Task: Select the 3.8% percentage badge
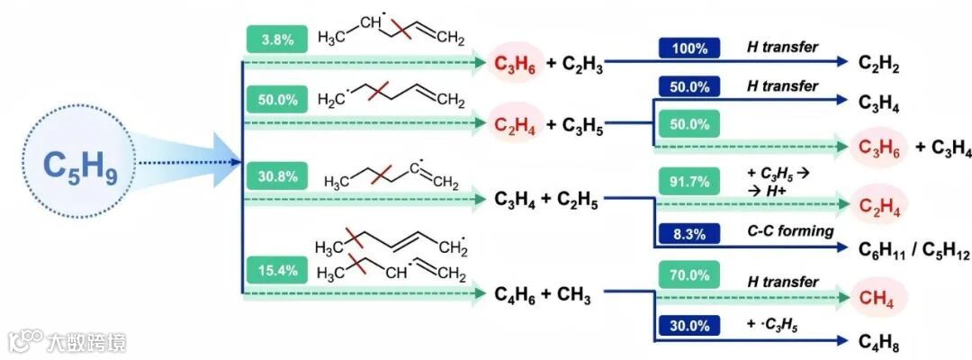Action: [x=275, y=40]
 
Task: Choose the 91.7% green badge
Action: [x=688, y=181]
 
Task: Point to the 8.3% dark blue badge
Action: [x=688, y=232]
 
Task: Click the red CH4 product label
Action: [x=877, y=297]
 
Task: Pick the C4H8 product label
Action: [x=877, y=343]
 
